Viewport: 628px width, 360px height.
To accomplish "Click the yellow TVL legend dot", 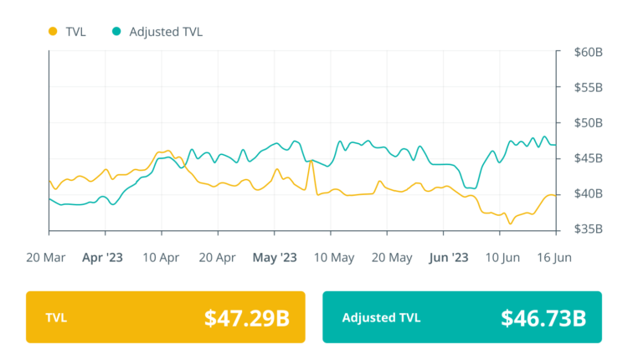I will (x=54, y=32).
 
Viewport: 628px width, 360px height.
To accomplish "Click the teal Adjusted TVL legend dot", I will (x=116, y=32).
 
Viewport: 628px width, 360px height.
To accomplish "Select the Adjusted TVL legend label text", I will (x=166, y=32).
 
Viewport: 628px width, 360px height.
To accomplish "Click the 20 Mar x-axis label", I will (x=46, y=257).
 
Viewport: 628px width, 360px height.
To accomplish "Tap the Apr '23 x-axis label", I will (x=102, y=257).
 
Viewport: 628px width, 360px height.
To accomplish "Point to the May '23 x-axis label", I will (x=275, y=257).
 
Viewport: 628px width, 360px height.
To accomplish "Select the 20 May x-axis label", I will (x=391, y=257).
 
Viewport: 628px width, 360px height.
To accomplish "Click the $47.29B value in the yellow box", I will (x=247, y=317).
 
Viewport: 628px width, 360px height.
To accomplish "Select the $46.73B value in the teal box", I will (x=543, y=317).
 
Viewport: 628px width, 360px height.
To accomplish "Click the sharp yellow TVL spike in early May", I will (x=311, y=160).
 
